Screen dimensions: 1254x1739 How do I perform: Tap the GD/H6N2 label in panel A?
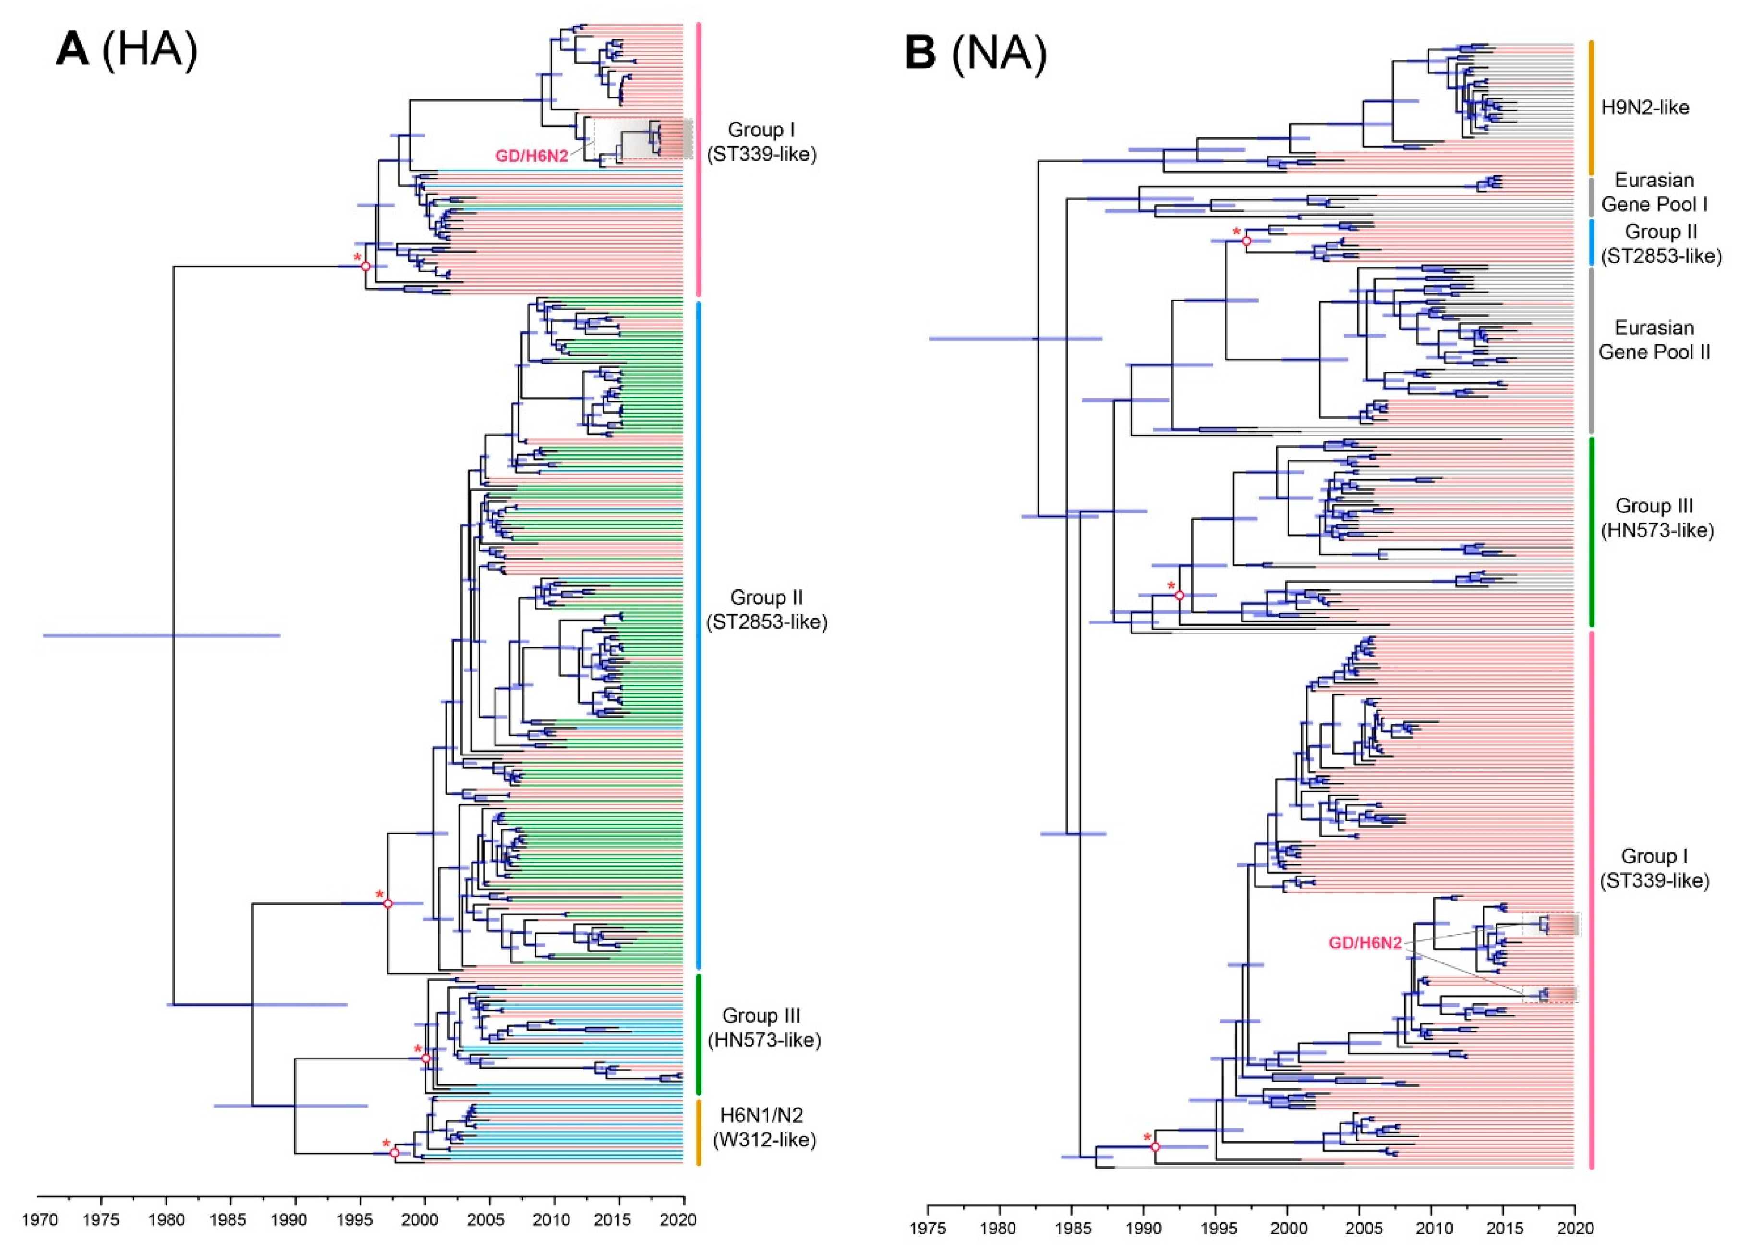[x=531, y=156]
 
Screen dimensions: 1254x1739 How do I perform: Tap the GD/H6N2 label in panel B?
[x=1365, y=943]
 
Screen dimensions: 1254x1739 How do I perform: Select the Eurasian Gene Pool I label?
[x=1654, y=192]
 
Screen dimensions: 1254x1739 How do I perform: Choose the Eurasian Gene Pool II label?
[x=1654, y=340]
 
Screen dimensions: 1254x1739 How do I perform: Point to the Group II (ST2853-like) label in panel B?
[x=1660, y=244]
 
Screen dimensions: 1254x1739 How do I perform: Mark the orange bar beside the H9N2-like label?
[x=1591, y=108]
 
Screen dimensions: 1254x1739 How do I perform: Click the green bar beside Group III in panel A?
[x=699, y=1034]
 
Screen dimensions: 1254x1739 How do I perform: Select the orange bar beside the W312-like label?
[x=699, y=1132]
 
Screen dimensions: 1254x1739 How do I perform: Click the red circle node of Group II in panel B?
[x=1246, y=241]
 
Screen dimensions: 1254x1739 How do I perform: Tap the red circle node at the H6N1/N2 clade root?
[x=394, y=1153]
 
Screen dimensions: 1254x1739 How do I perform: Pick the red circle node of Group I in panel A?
[x=366, y=266]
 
